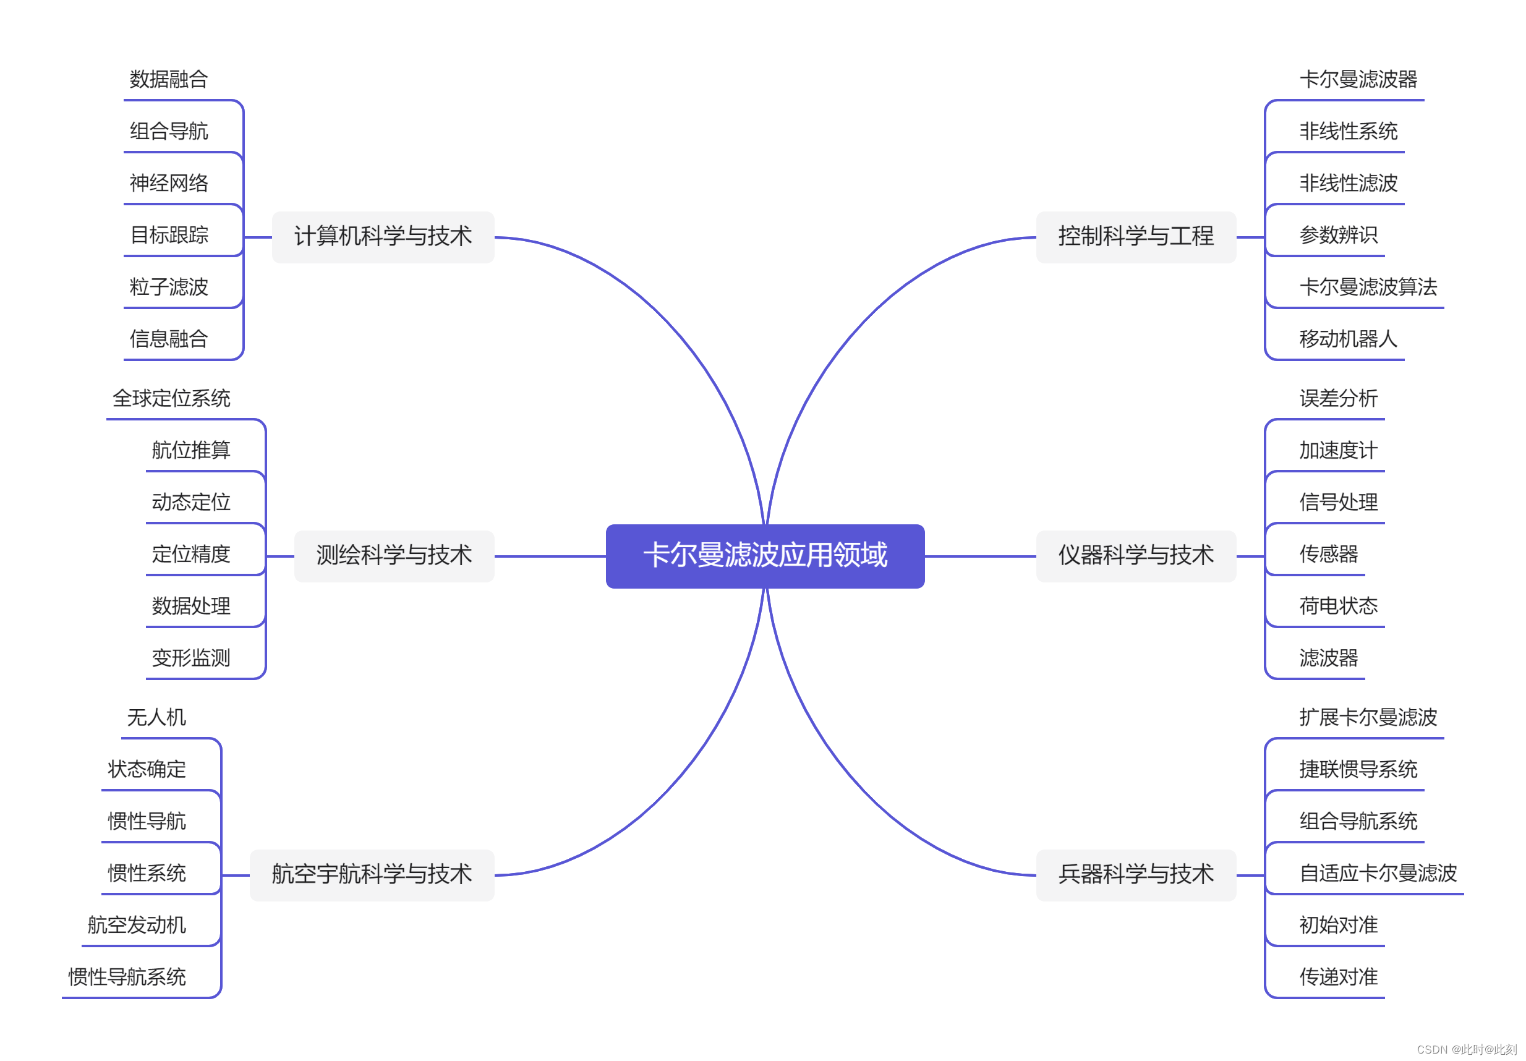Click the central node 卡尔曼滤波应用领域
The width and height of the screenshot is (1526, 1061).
tap(765, 556)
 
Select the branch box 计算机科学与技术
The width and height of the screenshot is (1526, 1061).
tap(383, 237)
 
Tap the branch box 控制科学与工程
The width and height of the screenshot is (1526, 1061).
tap(1135, 237)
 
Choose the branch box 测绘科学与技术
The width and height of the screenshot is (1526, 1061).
tap(393, 556)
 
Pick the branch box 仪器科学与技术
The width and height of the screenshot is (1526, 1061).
tap(1135, 556)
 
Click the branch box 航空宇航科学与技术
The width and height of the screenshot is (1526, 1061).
tap(372, 874)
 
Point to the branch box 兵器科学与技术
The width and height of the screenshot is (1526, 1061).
tap(1135, 874)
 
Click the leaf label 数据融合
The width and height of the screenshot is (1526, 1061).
tap(169, 80)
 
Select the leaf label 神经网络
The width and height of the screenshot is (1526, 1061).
tap(169, 184)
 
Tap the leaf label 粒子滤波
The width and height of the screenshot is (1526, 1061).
tap(169, 287)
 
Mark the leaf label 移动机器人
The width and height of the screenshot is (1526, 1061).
tap(1348, 339)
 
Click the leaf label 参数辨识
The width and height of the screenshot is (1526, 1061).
tap(1338, 236)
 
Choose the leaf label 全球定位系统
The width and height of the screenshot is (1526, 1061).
tap(171, 399)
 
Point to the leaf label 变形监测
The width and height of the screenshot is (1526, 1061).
tap(190, 658)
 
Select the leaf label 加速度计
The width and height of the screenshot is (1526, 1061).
tap(1338, 451)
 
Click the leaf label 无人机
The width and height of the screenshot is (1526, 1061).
tap(156, 718)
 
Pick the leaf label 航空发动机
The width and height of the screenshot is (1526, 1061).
tap(136, 926)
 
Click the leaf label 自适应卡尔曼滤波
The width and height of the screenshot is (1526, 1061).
tap(1378, 874)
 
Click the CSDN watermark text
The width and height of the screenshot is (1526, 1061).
tap(1466, 1050)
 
